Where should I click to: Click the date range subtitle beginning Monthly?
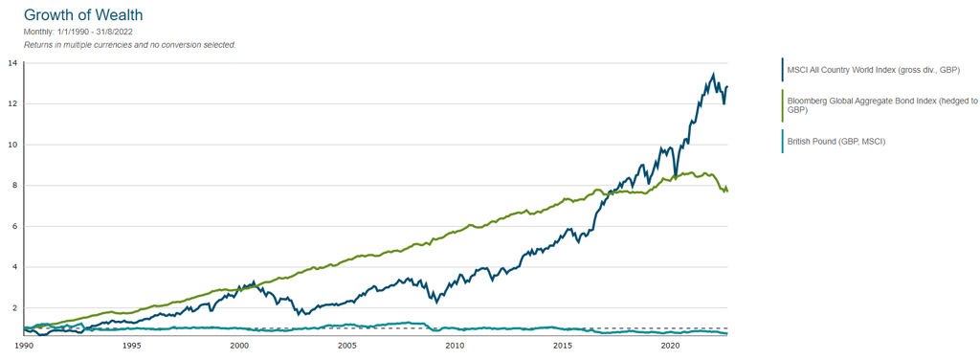pyautogui.click(x=80, y=33)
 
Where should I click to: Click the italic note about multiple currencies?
pyautogui.click(x=129, y=45)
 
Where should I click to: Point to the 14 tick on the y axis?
pyautogui.click(x=12, y=63)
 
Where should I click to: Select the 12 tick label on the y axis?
pyautogui.click(x=12, y=103)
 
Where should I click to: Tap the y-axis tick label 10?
pyautogui.click(x=12, y=145)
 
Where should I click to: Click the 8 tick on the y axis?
pyautogui.click(x=14, y=186)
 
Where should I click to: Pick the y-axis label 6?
pyautogui.click(x=14, y=226)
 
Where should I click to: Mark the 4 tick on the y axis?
pyautogui.click(x=14, y=267)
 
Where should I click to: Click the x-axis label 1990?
pyautogui.click(x=25, y=345)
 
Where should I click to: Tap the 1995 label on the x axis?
pyautogui.click(x=132, y=345)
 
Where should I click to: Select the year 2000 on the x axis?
pyautogui.click(x=240, y=345)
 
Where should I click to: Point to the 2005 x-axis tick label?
pyautogui.click(x=347, y=345)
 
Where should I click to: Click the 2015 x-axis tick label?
pyautogui.click(x=563, y=345)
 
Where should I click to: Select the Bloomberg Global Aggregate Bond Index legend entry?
pyautogui.click(x=880, y=105)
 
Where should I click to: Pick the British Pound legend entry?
pyautogui.click(x=835, y=142)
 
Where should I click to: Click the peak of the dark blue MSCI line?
pyautogui.click(x=712, y=75)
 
